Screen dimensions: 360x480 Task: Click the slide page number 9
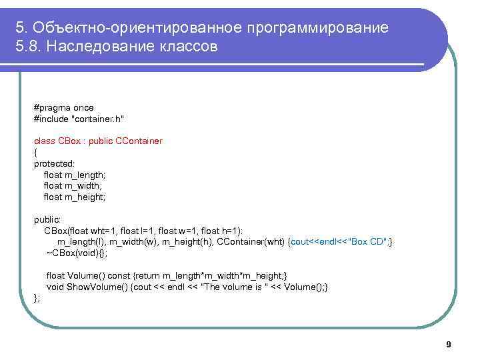[x=448, y=345]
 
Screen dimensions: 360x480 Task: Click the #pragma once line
[x=64, y=107]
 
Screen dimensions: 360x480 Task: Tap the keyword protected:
[x=55, y=163]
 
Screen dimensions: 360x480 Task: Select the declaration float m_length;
[x=75, y=175]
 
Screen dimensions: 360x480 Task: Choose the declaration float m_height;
[x=75, y=197]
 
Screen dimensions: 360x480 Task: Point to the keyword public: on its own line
[x=47, y=219]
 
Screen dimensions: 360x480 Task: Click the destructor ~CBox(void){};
[x=77, y=253]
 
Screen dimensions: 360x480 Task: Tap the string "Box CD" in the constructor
[x=367, y=242]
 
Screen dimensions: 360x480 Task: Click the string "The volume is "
[x=226, y=287]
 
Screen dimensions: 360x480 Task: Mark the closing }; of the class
[x=37, y=298]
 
